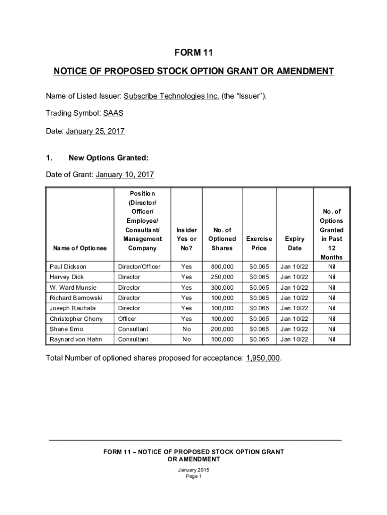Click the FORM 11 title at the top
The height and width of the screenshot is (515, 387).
click(x=193, y=53)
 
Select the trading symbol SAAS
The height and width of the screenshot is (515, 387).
click(x=113, y=113)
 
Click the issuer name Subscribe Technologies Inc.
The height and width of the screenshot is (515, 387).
click(x=171, y=96)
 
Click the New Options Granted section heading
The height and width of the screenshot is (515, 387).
click(x=108, y=158)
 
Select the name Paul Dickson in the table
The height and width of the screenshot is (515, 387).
click(x=68, y=266)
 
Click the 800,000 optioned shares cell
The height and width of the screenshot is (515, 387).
click(x=222, y=266)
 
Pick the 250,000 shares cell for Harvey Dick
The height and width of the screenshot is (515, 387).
click(x=222, y=277)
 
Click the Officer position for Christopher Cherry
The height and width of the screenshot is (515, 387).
click(x=127, y=318)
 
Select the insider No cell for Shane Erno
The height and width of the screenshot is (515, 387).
click(x=186, y=329)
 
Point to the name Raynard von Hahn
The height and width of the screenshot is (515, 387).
click(x=75, y=339)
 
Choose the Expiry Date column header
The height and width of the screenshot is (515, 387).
click(x=294, y=243)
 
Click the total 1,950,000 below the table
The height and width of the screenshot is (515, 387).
click(x=263, y=358)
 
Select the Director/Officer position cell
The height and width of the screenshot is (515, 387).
click(x=139, y=266)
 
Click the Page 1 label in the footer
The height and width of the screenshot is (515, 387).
click(x=193, y=476)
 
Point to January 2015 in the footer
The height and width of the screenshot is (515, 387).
click(x=193, y=470)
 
